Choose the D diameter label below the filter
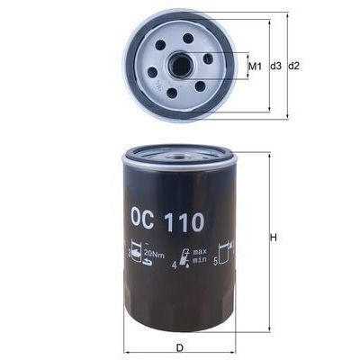[180, 347]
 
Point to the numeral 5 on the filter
[216, 261]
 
